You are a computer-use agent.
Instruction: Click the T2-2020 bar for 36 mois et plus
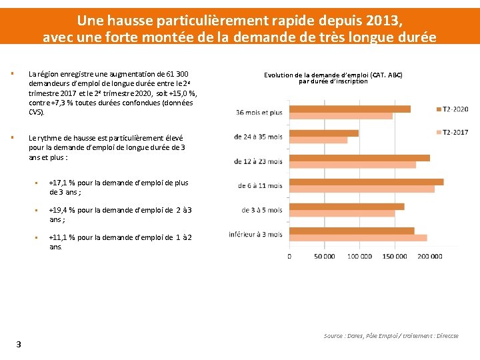click(350, 109)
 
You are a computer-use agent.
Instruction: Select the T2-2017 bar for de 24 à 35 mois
click(319, 140)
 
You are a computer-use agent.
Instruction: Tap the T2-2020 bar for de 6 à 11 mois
click(367, 181)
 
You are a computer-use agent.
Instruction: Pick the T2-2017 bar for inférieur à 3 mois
click(359, 237)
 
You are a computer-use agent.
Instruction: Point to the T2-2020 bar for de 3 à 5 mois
click(347, 206)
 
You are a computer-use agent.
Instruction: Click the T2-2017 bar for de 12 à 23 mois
click(353, 165)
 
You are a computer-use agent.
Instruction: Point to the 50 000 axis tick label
click(325, 257)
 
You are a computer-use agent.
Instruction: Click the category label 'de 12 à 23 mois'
click(258, 161)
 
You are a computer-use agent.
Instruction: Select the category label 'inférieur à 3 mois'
click(255, 235)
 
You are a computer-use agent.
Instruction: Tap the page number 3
click(19, 344)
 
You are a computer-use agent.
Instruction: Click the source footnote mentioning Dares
click(391, 336)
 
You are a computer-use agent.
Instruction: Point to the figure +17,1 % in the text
click(62, 183)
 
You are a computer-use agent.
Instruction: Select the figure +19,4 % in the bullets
click(62, 210)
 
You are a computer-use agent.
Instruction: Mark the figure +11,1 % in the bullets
click(62, 237)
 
